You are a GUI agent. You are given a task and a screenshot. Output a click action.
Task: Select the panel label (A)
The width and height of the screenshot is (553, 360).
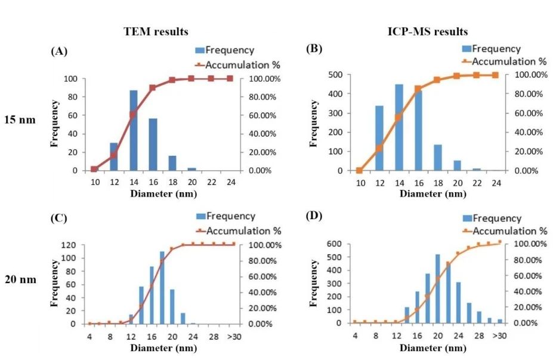[x=58, y=51]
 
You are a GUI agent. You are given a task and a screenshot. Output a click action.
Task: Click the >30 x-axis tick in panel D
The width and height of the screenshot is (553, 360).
[x=499, y=335]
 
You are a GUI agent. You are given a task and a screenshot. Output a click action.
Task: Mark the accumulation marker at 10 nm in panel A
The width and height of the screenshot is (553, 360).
[x=94, y=170]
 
